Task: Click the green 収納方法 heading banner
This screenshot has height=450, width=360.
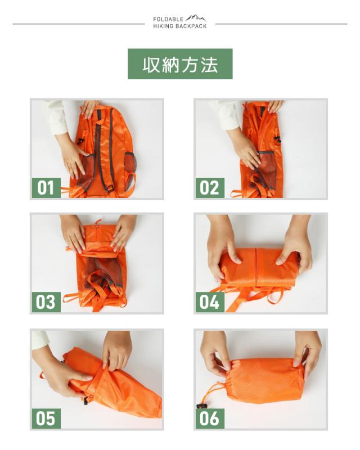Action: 180,64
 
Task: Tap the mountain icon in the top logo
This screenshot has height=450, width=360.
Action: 196,19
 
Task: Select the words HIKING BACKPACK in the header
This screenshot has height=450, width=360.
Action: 180,26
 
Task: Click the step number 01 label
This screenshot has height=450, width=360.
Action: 46,187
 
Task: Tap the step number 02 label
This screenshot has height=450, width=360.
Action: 210,187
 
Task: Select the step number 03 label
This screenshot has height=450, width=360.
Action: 46,301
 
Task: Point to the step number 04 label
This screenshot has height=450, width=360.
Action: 210,301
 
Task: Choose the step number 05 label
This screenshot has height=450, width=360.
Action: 46,418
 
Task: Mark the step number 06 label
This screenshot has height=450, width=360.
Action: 210,418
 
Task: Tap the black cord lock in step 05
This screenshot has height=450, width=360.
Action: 86,400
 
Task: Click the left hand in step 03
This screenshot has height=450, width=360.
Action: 74,232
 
